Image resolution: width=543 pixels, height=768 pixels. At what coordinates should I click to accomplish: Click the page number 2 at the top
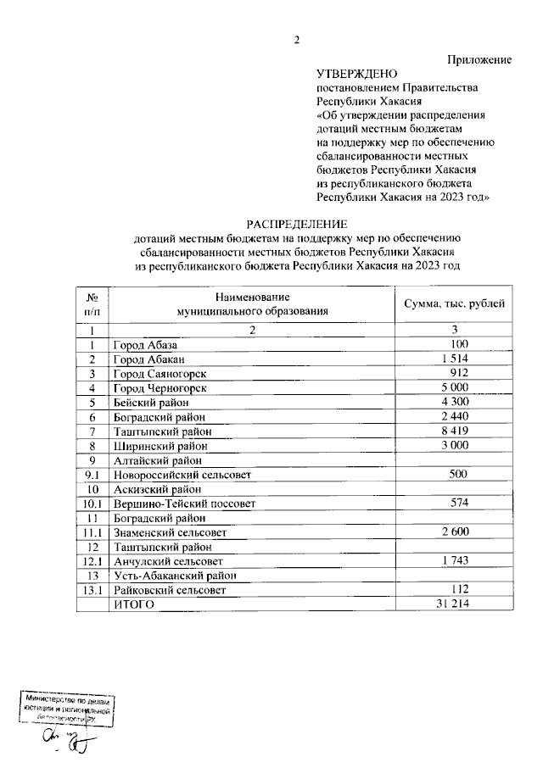tap(297, 40)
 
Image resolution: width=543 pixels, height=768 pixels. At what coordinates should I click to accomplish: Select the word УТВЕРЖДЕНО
tap(355, 75)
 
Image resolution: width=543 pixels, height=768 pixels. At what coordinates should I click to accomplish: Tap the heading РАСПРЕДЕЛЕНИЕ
tap(297, 224)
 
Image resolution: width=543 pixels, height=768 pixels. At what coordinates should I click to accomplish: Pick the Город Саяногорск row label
tap(160, 374)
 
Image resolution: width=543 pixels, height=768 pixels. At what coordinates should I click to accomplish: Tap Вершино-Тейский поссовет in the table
tap(184, 504)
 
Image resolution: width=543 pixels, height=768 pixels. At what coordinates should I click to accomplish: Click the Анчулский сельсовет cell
tap(169, 561)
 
